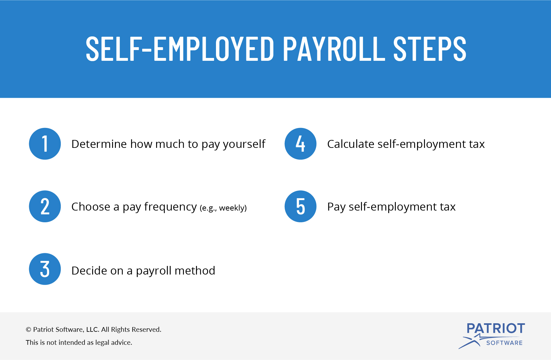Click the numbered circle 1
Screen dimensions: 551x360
(x=45, y=144)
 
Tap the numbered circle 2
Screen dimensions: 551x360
(x=45, y=206)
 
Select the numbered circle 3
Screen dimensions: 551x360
(x=45, y=269)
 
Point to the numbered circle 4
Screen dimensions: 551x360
(x=301, y=144)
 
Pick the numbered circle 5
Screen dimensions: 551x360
(x=301, y=206)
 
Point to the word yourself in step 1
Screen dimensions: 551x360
(x=244, y=144)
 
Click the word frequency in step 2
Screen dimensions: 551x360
(x=170, y=207)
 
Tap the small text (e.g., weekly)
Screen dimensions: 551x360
(x=223, y=208)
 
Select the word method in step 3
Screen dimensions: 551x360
(x=195, y=271)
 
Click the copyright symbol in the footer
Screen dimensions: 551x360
(x=28, y=330)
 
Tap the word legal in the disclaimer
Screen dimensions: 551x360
(x=103, y=343)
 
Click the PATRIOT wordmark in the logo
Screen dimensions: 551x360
(x=496, y=328)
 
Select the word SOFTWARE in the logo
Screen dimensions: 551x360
(x=504, y=343)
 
